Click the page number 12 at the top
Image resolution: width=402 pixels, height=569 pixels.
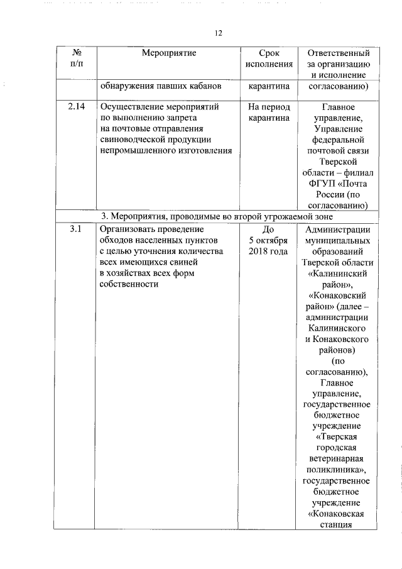tap(219, 33)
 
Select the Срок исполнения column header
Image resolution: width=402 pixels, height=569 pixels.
tap(269, 58)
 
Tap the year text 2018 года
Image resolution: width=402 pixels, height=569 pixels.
tap(269, 251)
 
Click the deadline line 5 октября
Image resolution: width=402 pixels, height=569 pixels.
tap(269, 240)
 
